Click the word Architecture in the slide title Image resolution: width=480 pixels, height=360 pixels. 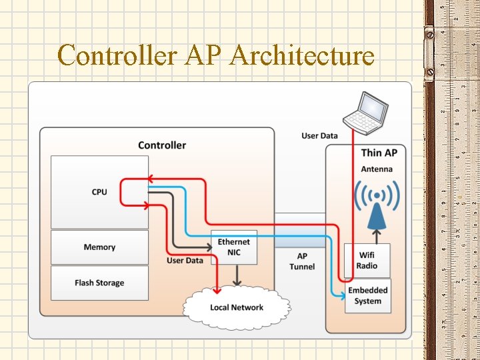(301, 55)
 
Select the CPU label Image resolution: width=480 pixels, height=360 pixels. (99, 192)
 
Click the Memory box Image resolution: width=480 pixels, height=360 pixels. (99, 247)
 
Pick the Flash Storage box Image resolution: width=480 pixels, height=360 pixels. (99, 283)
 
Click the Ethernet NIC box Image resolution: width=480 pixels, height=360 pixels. (233, 247)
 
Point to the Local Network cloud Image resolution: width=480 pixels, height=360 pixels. (237, 307)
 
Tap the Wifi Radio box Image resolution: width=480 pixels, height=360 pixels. (367, 260)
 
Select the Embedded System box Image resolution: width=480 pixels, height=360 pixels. (368, 295)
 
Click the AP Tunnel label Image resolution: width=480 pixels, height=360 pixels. (302, 261)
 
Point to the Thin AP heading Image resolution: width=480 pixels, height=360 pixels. (379, 153)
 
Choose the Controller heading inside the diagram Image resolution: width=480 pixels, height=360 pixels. (162, 145)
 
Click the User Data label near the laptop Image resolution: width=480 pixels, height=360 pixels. (319, 136)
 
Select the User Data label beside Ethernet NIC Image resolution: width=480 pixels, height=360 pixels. (185, 260)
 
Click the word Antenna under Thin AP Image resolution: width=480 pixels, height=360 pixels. (377, 169)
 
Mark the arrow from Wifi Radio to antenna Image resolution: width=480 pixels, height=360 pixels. (377, 235)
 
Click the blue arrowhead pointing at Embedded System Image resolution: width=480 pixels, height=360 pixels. (341, 292)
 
